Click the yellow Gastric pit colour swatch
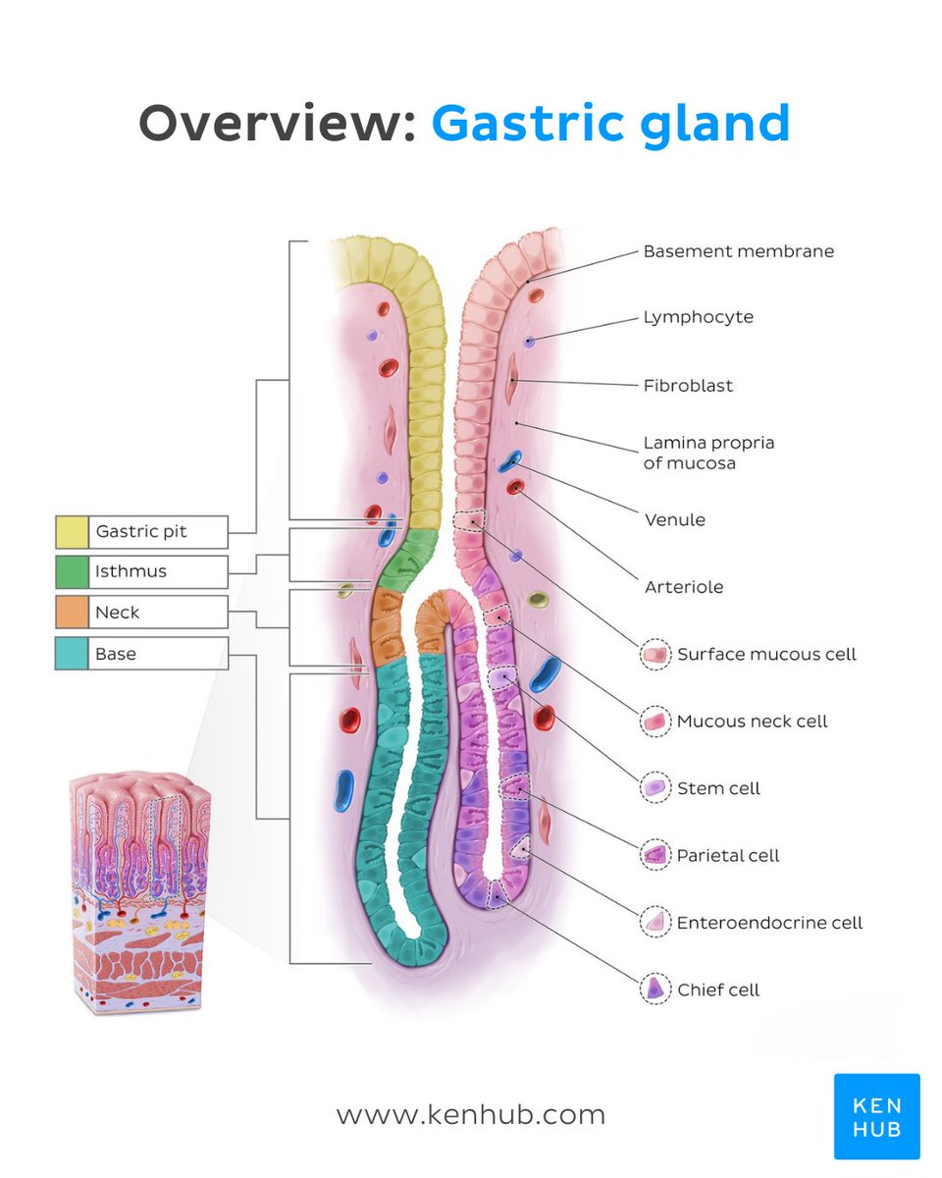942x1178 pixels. (71, 531)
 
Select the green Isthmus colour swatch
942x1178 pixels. (71, 571)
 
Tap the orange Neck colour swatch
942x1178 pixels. (71, 613)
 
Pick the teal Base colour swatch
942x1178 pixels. (71, 653)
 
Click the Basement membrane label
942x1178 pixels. (738, 251)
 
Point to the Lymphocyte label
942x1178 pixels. (698, 317)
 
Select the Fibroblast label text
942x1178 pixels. (688, 386)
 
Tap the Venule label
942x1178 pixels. (674, 519)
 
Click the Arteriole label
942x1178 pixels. (683, 587)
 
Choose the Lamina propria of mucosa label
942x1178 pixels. (708, 453)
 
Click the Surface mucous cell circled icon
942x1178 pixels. (654, 654)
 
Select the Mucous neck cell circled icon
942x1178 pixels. (654, 722)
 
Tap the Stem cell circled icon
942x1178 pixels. (654, 788)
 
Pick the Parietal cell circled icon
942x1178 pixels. (654, 856)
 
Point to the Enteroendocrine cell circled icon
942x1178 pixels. (654, 923)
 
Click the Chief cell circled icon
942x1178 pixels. (654, 990)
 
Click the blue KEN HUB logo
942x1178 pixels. (876, 1116)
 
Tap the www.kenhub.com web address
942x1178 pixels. (470, 1115)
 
